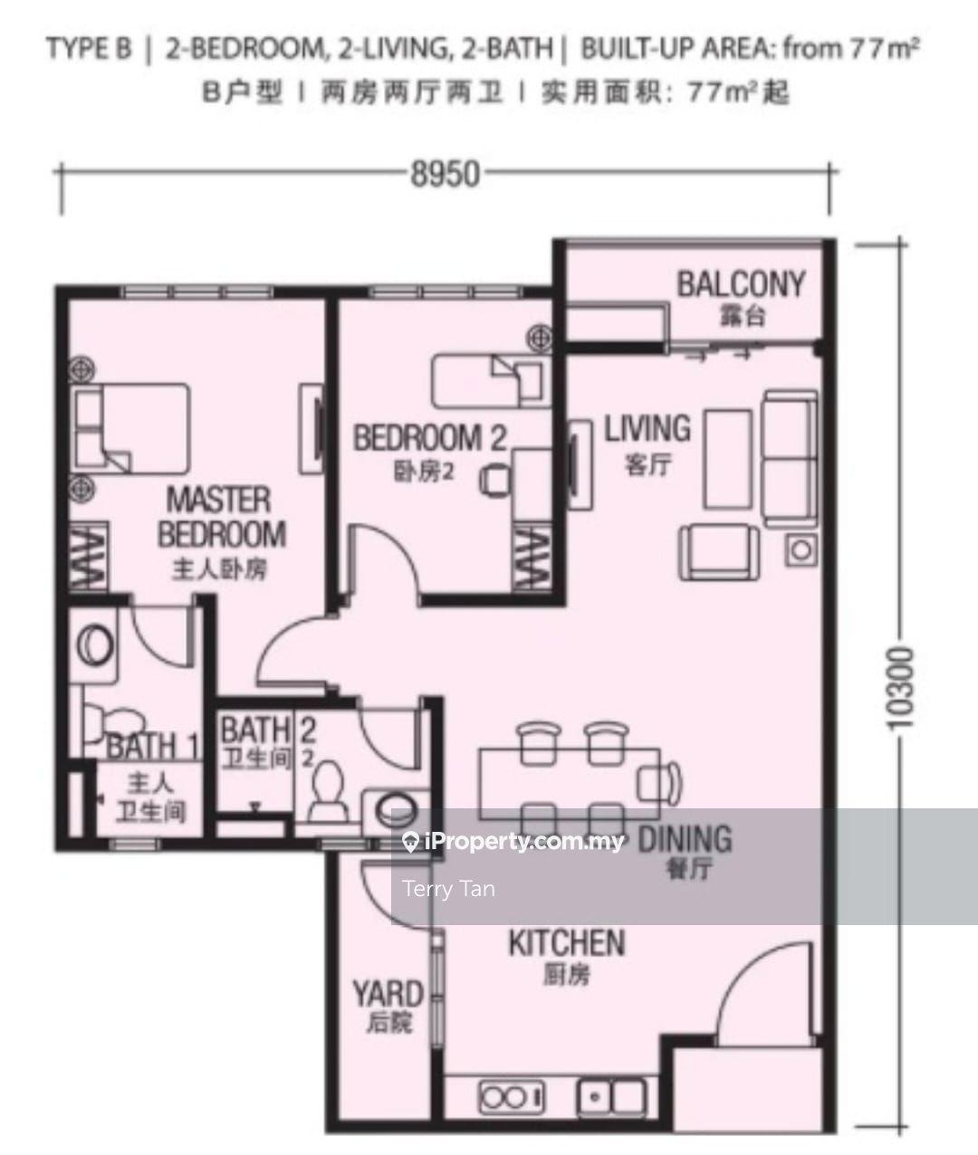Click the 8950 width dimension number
(x=446, y=174)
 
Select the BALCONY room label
(x=741, y=284)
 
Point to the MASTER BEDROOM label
(x=222, y=517)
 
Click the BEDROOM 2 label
(x=429, y=437)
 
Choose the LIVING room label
(x=647, y=428)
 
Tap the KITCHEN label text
(x=567, y=942)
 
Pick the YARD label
(x=388, y=994)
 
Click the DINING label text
(x=685, y=839)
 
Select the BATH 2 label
(x=268, y=730)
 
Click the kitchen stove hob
(x=512, y=1097)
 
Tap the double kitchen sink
(x=612, y=1097)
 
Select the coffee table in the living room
(x=727, y=459)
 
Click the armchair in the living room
(x=719, y=553)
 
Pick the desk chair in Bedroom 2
(x=494, y=480)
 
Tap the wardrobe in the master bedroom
(x=88, y=557)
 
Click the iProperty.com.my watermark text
(x=513, y=841)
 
